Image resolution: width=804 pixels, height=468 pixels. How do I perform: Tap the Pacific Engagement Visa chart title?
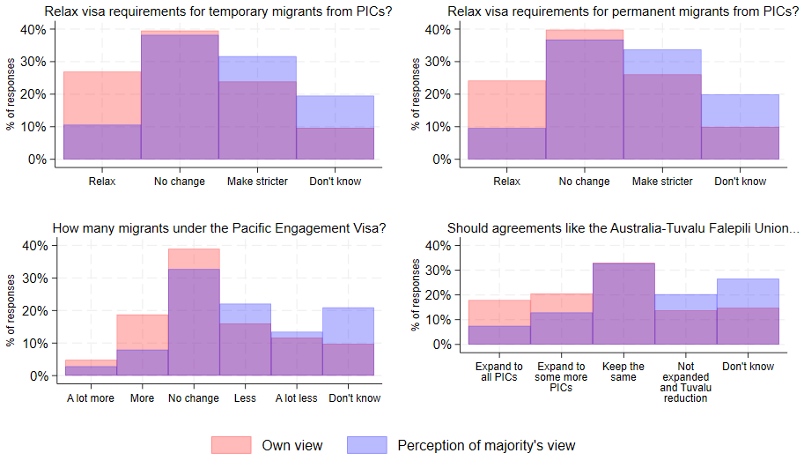pos(219,228)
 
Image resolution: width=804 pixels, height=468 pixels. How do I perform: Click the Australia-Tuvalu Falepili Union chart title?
pos(623,228)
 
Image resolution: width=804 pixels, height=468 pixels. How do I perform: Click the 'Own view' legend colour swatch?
pos(231,445)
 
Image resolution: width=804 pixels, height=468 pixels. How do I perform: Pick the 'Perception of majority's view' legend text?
pos(486,445)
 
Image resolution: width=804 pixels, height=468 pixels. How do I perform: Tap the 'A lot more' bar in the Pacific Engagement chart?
pos(90,370)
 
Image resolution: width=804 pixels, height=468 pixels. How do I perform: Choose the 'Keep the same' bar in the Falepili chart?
pos(623,304)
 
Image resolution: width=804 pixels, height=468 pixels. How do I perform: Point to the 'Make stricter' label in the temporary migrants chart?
pos(257,182)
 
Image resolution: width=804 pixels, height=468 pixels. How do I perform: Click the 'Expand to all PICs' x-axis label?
pos(499,372)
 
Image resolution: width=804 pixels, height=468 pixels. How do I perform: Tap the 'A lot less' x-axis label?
pos(296,398)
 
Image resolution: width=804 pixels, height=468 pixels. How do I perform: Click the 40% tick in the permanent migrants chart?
pos(438,29)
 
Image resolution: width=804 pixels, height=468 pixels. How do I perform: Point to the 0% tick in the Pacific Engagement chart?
pos(38,375)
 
